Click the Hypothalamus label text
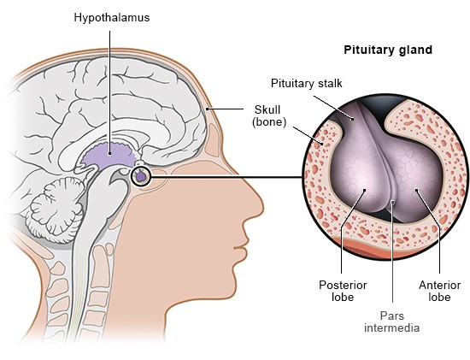tap(112, 18)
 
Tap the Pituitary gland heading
tap(388, 50)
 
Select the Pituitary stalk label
tap(306, 84)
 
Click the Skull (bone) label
tap(269, 115)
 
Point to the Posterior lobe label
tap(343, 291)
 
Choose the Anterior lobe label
tap(439, 291)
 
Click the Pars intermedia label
tap(391, 322)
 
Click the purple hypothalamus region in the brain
tap(109, 156)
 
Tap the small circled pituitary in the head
tap(140, 176)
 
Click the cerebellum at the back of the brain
tap(57, 205)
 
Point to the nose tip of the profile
tap(261, 207)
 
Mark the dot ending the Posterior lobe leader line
tap(365, 190)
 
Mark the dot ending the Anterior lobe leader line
tap(416, 190)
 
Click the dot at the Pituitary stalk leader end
tap(352, 119)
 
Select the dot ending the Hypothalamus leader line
tap(109, 154)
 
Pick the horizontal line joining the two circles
tap(226, 177)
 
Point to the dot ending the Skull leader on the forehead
tap(207, 109)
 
